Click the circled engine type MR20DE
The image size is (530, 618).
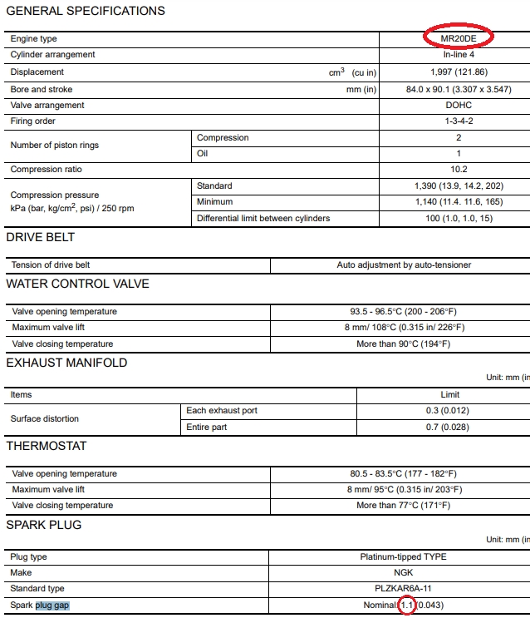pos(458,38)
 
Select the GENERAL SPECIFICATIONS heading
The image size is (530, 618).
pos(86,11)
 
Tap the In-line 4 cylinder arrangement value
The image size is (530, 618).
pos(459,55)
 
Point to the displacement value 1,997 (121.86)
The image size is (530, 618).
pos(459,72)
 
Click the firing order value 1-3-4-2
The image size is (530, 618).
pos(459,121)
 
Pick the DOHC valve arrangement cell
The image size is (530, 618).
pos(459,106)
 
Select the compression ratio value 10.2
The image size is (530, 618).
pos(459,170)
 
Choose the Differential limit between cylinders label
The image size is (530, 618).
pos(263,218)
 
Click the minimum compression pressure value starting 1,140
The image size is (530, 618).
pos(459,202)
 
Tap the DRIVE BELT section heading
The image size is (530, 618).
pos(41,237)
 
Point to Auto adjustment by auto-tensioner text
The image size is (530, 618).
pos(404,265)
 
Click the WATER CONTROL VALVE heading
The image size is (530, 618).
pos(78,284)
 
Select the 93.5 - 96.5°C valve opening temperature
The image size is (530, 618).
pos(405,312)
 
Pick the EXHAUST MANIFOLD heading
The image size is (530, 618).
pos(67,363)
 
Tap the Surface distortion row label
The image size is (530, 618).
pos(45,418)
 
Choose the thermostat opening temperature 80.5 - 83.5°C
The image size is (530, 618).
pos(405,474)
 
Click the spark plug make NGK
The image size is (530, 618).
pos(405,573)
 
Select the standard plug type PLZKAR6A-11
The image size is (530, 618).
pos(405,589)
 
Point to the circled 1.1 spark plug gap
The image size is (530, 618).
pos(406,605)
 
